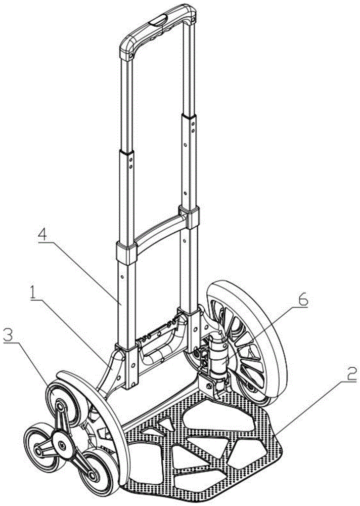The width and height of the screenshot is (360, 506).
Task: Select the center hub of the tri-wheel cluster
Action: pos(61,446)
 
